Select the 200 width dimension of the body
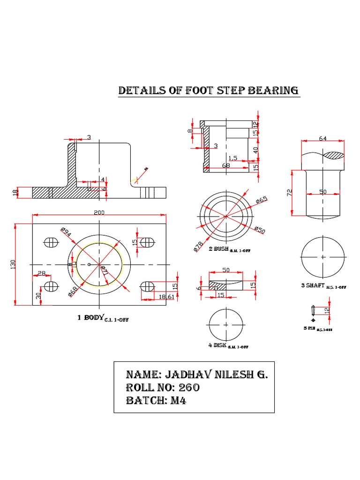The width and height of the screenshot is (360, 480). click(99, 212)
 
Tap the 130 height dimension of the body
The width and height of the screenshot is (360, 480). click(13, 265)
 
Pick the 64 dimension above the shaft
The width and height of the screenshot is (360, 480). click(322, 138)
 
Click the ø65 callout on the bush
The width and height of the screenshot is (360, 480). click(262, 200)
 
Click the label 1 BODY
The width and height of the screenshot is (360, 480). click(90, 317)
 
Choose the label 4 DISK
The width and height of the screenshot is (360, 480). click(217, 345)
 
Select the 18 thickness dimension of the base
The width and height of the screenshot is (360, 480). click(15, 192)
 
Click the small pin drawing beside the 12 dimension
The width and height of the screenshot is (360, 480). click(313, 310)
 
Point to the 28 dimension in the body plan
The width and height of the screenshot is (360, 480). click(41, 273)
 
